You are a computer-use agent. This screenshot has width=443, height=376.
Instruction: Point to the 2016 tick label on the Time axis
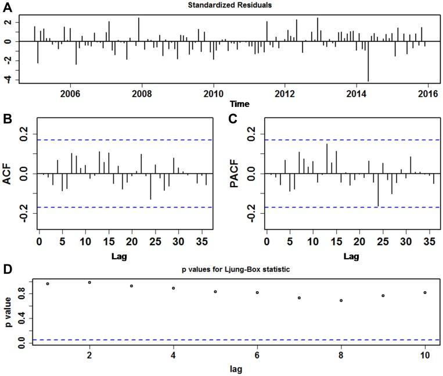pos(427,94)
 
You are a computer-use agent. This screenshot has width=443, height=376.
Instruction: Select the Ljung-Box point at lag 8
pos(341,300)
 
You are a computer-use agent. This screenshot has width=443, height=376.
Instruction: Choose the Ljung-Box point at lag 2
pos(89,282)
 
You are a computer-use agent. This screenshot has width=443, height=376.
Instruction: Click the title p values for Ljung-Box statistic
pos(230,271)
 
